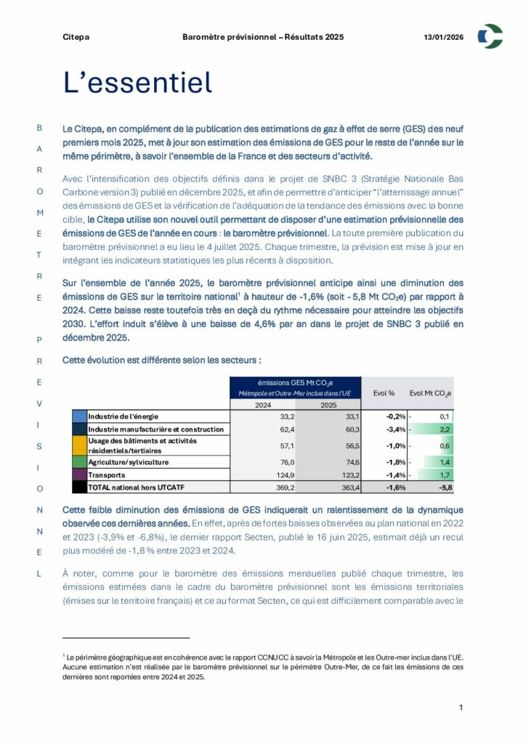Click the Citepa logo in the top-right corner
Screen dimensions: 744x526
(490, 36)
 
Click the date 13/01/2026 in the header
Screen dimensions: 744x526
(443, 36)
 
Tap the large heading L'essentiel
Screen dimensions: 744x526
(137, 83)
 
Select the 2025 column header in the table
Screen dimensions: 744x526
(328, 405)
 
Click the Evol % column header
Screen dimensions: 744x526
(384, 393)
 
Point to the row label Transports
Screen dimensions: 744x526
(108, 474)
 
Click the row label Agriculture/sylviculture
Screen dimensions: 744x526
(129, 461)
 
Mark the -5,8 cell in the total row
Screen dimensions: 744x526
(445, 487)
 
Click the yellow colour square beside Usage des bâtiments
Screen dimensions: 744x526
(79, 445)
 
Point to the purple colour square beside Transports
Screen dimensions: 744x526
(79, 474)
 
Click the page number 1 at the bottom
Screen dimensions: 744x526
(461, 707)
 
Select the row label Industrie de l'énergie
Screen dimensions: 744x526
(121, 416)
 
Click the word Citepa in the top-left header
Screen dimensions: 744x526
(76, 36)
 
